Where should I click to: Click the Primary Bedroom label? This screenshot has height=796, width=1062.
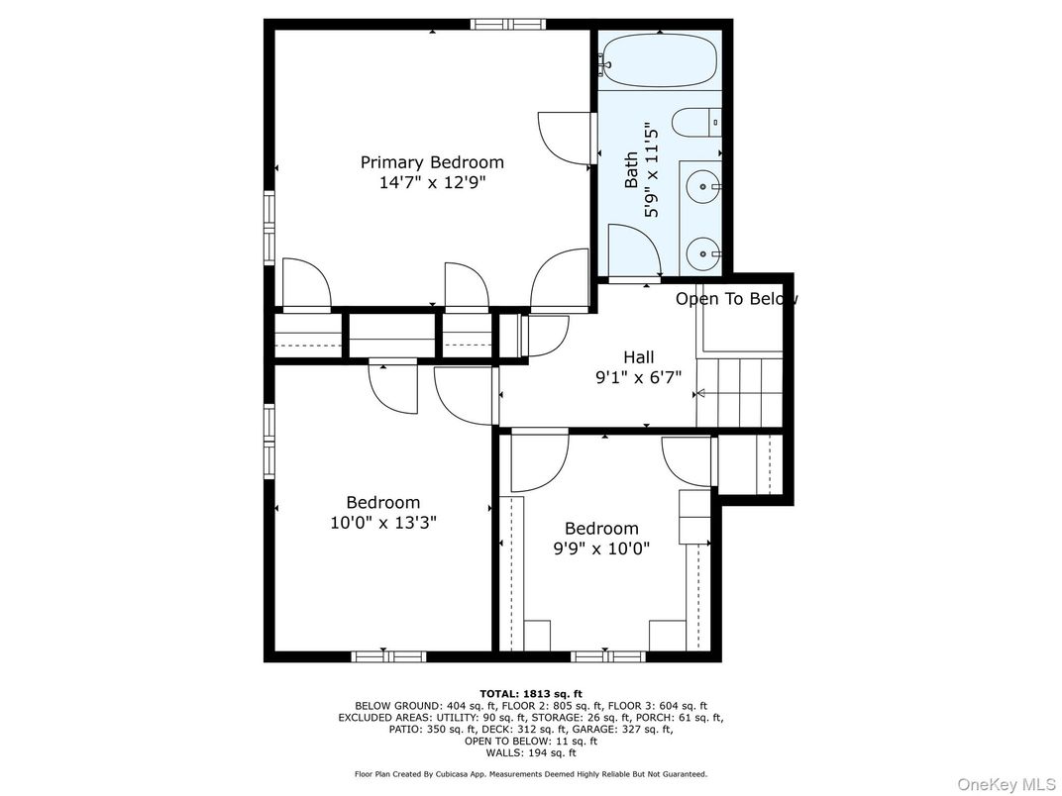(x=432, y=162)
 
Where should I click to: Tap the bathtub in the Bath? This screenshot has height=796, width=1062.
(x=658, y=61)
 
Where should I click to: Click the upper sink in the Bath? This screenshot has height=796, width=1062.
(x=703, y=185)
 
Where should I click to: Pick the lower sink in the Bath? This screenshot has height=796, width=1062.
(x=703, y=253)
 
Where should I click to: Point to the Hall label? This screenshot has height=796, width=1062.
(x=639, y=356)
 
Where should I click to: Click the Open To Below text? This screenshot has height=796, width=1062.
(x=736, y=299)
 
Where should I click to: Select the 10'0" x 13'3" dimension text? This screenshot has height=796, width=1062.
(x=383, y=523)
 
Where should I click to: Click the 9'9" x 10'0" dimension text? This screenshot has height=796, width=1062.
(x=602, y=548)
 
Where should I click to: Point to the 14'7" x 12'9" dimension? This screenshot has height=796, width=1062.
(x=432, y=182)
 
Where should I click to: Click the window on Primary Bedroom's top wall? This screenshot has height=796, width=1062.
(x=508, y=25)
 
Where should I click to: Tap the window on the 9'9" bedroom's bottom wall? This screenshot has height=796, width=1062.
(x=608, y=656)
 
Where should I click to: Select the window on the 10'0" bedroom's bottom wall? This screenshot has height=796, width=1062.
(x=388, y=656)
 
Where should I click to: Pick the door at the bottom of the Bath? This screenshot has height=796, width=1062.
(x=635, y=251)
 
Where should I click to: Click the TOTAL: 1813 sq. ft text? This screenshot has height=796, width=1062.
(x=531, y=694)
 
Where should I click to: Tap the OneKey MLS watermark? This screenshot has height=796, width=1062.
(x=1007, y=784)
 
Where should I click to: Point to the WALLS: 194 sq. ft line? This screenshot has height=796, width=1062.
(x=531, y=752)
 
